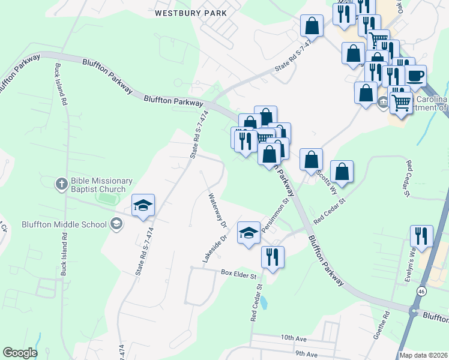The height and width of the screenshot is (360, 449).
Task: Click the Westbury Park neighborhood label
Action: pos(191,13)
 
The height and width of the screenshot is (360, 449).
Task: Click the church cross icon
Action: pos(62,184)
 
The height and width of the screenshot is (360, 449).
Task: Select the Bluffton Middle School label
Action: pos(56,225)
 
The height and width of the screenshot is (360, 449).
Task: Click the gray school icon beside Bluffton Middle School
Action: pos(116,225)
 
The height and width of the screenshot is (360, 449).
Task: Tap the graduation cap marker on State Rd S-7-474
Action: pos(143,206)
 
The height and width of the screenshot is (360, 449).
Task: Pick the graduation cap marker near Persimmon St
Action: pos(249,233)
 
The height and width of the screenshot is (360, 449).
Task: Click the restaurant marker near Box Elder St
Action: pos(273,257)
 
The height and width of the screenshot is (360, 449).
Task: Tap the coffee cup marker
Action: pos(415,77)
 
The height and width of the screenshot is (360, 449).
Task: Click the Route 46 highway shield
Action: pos(422,292)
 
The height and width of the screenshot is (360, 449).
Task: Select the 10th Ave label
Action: pos(294,339)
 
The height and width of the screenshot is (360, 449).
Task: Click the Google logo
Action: pos(20,353)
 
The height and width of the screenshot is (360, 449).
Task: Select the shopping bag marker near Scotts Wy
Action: pos(342,172)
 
